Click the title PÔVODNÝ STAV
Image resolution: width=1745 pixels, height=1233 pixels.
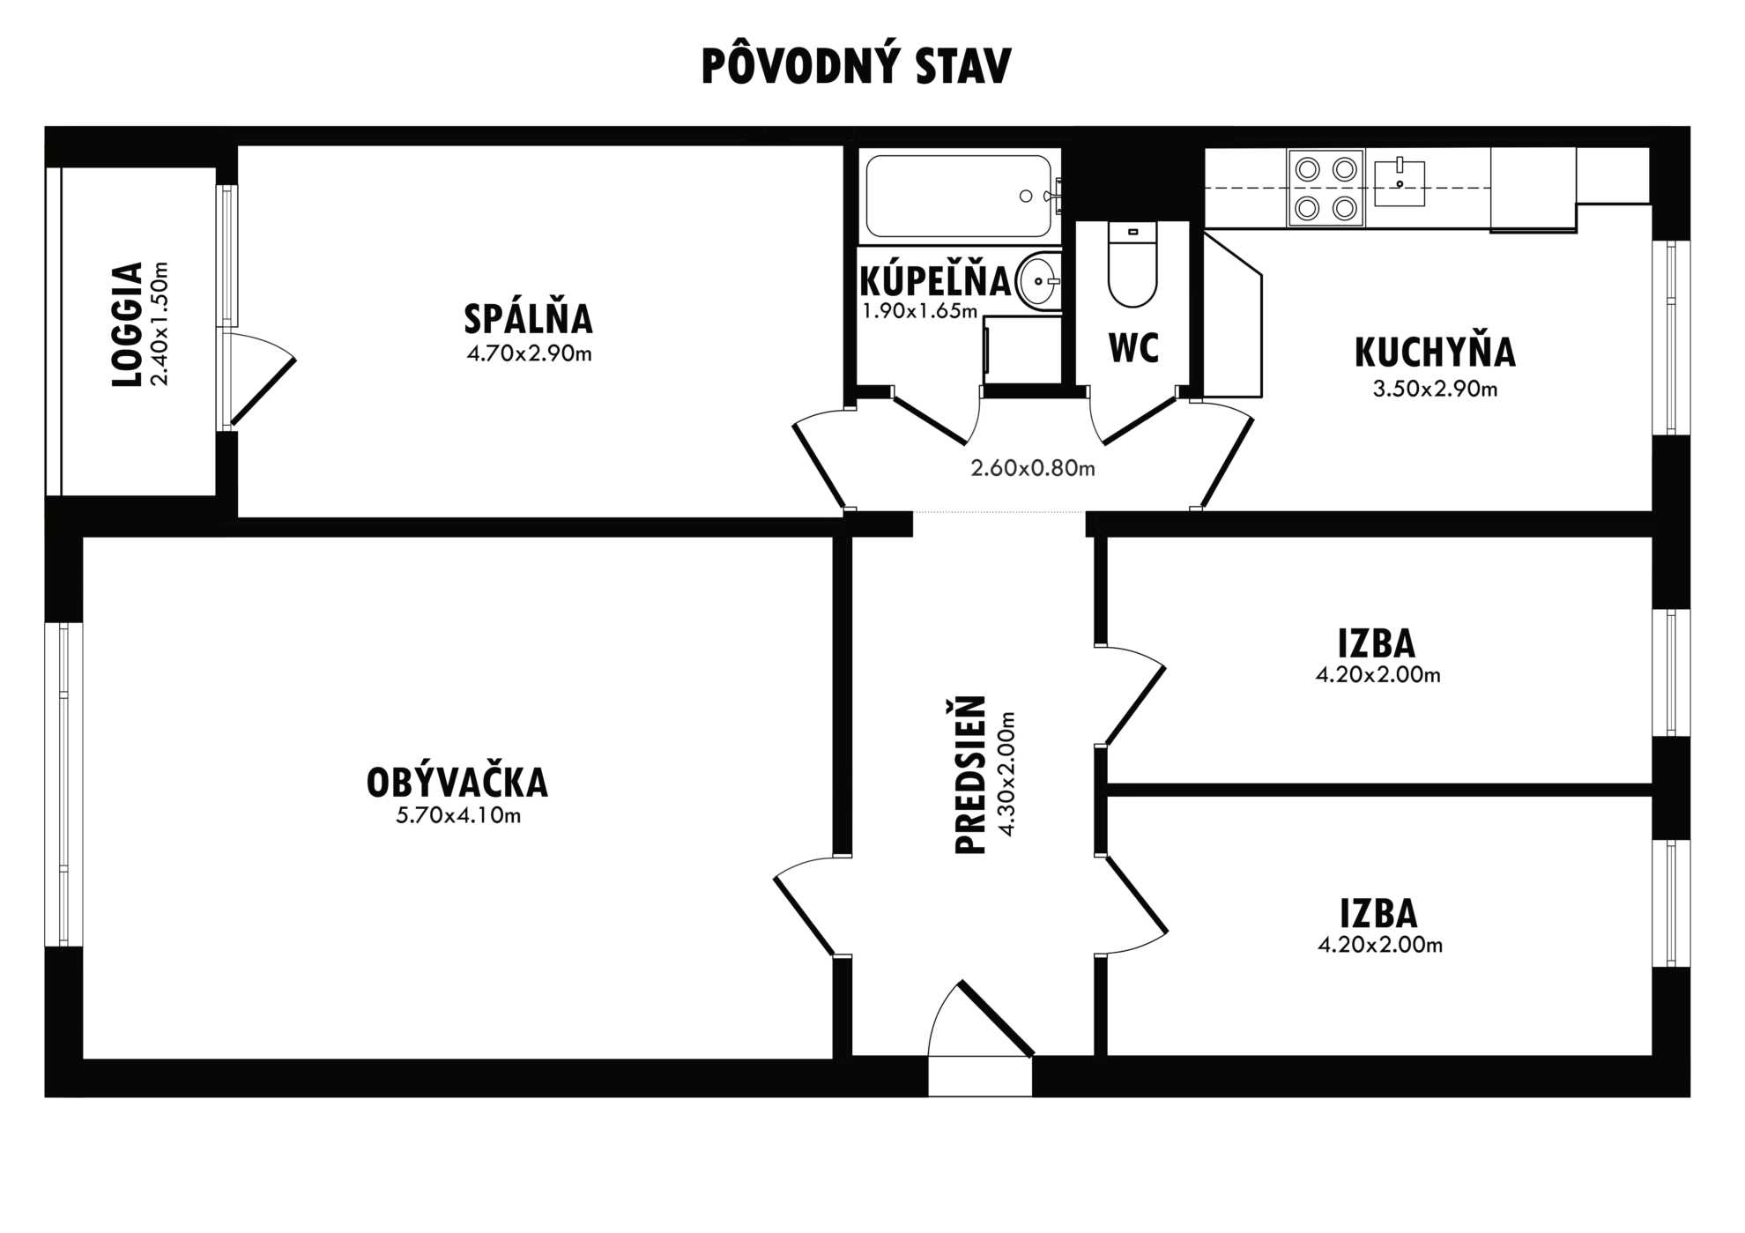click(x=856, y=65)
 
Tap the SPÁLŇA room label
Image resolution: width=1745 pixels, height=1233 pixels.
click(x=528, y=318)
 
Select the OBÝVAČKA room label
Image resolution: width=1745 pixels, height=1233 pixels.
click(x=457, y=783)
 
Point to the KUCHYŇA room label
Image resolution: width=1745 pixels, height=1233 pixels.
click(x=1435, y=352)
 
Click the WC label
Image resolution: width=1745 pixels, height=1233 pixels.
click(x=1133, y=348)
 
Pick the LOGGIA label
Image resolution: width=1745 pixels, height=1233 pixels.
click(x=128, y=324)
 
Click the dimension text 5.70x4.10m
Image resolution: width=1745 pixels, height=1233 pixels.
click(x=458, y=815)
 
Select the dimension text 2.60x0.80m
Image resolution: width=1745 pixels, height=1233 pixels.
click(x=1033, y=468)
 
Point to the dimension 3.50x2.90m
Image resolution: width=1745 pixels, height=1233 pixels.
click(x=1435, y=389)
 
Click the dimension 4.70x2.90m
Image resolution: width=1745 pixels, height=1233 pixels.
click(x=529, y=353)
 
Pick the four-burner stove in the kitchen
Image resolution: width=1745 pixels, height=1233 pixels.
click(x=1325, y=189)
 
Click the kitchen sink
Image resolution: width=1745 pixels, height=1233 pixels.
click(x=1400, y=182)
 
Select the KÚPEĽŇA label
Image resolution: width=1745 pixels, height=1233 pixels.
click(x=935, y=281)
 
